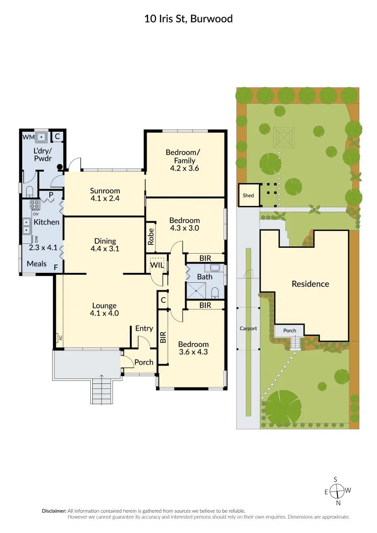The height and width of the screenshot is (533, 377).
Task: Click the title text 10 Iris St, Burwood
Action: [188, 19]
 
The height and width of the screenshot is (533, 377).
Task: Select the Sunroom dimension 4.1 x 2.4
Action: [105, 199]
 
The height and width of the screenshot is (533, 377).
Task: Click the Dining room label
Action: [105, 241]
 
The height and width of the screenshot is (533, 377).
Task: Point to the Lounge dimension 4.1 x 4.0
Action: [104, 313]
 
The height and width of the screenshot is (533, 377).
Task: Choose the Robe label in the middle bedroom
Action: [151, 236]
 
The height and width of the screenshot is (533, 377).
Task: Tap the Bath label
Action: [204, 277]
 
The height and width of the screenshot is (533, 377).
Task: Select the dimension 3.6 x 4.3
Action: [193, 353]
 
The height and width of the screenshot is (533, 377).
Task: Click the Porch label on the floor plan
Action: [144, 362]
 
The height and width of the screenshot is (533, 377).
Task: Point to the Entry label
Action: [144, 328]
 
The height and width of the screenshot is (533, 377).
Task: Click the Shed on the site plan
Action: [248, 195]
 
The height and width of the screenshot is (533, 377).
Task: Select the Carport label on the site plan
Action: [248, 328]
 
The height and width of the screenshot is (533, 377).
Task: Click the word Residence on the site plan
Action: [310, 284]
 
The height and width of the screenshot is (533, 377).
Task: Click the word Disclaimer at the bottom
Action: [53, 511]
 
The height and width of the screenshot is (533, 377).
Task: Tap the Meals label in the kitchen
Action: [37, 264]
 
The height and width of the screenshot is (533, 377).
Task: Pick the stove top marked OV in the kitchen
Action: [35, 205]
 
